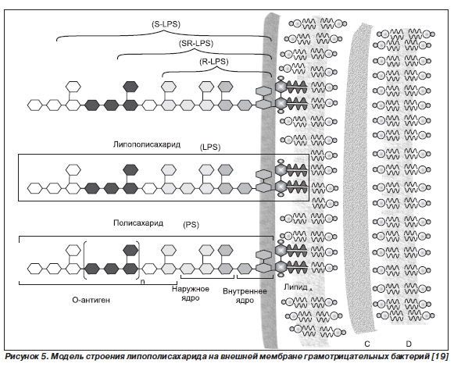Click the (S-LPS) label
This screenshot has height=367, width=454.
click(166, 25)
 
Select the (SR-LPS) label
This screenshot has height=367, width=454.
click(196, 44)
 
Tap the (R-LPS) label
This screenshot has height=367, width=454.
click(213, 62)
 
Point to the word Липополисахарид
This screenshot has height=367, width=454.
click(147, 144)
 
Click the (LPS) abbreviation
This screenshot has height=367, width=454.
click(210, 148)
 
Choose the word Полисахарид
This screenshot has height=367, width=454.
click(138, 223)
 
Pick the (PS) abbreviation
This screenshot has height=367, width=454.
click(191, 225)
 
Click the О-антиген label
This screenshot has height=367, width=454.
click(91, 300)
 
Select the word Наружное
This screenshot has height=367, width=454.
click(190, 289)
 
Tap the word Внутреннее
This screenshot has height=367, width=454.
click(245, 291)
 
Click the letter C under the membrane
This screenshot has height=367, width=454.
click(366, 344)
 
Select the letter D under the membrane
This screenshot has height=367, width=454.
click(409, 344)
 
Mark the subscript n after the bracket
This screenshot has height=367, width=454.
click(142, 281)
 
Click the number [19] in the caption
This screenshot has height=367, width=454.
click(440, 356)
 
